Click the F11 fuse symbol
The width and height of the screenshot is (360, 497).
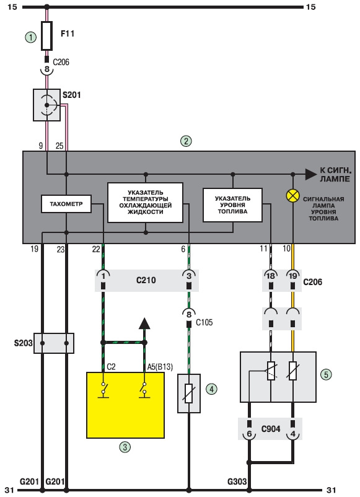coord(46,36)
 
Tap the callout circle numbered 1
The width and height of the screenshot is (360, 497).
coord(31,38)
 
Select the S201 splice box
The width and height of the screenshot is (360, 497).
coord(47,105)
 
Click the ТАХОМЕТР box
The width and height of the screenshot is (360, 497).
coord(66,204)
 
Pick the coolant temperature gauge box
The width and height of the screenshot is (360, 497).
coord(146,202)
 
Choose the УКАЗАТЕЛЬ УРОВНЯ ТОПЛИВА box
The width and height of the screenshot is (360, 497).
coord(232,205)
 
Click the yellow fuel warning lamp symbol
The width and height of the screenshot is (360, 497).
coord(292,196)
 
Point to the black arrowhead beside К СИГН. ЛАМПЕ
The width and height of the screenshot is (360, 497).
coord(311,174)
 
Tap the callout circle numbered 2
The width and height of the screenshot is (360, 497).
coord(186,141)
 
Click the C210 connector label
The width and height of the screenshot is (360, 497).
coord(146,280)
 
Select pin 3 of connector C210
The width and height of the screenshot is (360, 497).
coord(189,276)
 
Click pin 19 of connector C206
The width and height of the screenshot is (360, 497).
coord(293,276)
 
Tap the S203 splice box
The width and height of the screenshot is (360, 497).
coord(54,343)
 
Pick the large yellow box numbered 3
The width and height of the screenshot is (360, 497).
coord(126,405)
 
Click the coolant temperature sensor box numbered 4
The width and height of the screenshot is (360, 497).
coord(189,394)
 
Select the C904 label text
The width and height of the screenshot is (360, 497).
coord(271,429)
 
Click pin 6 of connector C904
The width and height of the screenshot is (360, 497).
coord(249,434)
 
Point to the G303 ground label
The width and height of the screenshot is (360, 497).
coord(237,482)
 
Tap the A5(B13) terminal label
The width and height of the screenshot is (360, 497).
coord(160,367)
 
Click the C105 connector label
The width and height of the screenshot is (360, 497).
coord(204,322)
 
